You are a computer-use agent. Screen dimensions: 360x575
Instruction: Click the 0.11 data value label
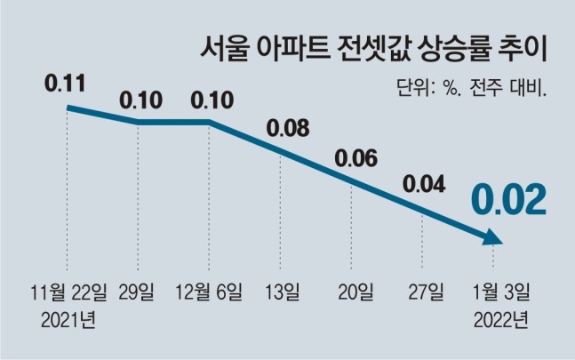coord(64,86)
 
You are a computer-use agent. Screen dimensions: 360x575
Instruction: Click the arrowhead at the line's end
coord(493,237)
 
